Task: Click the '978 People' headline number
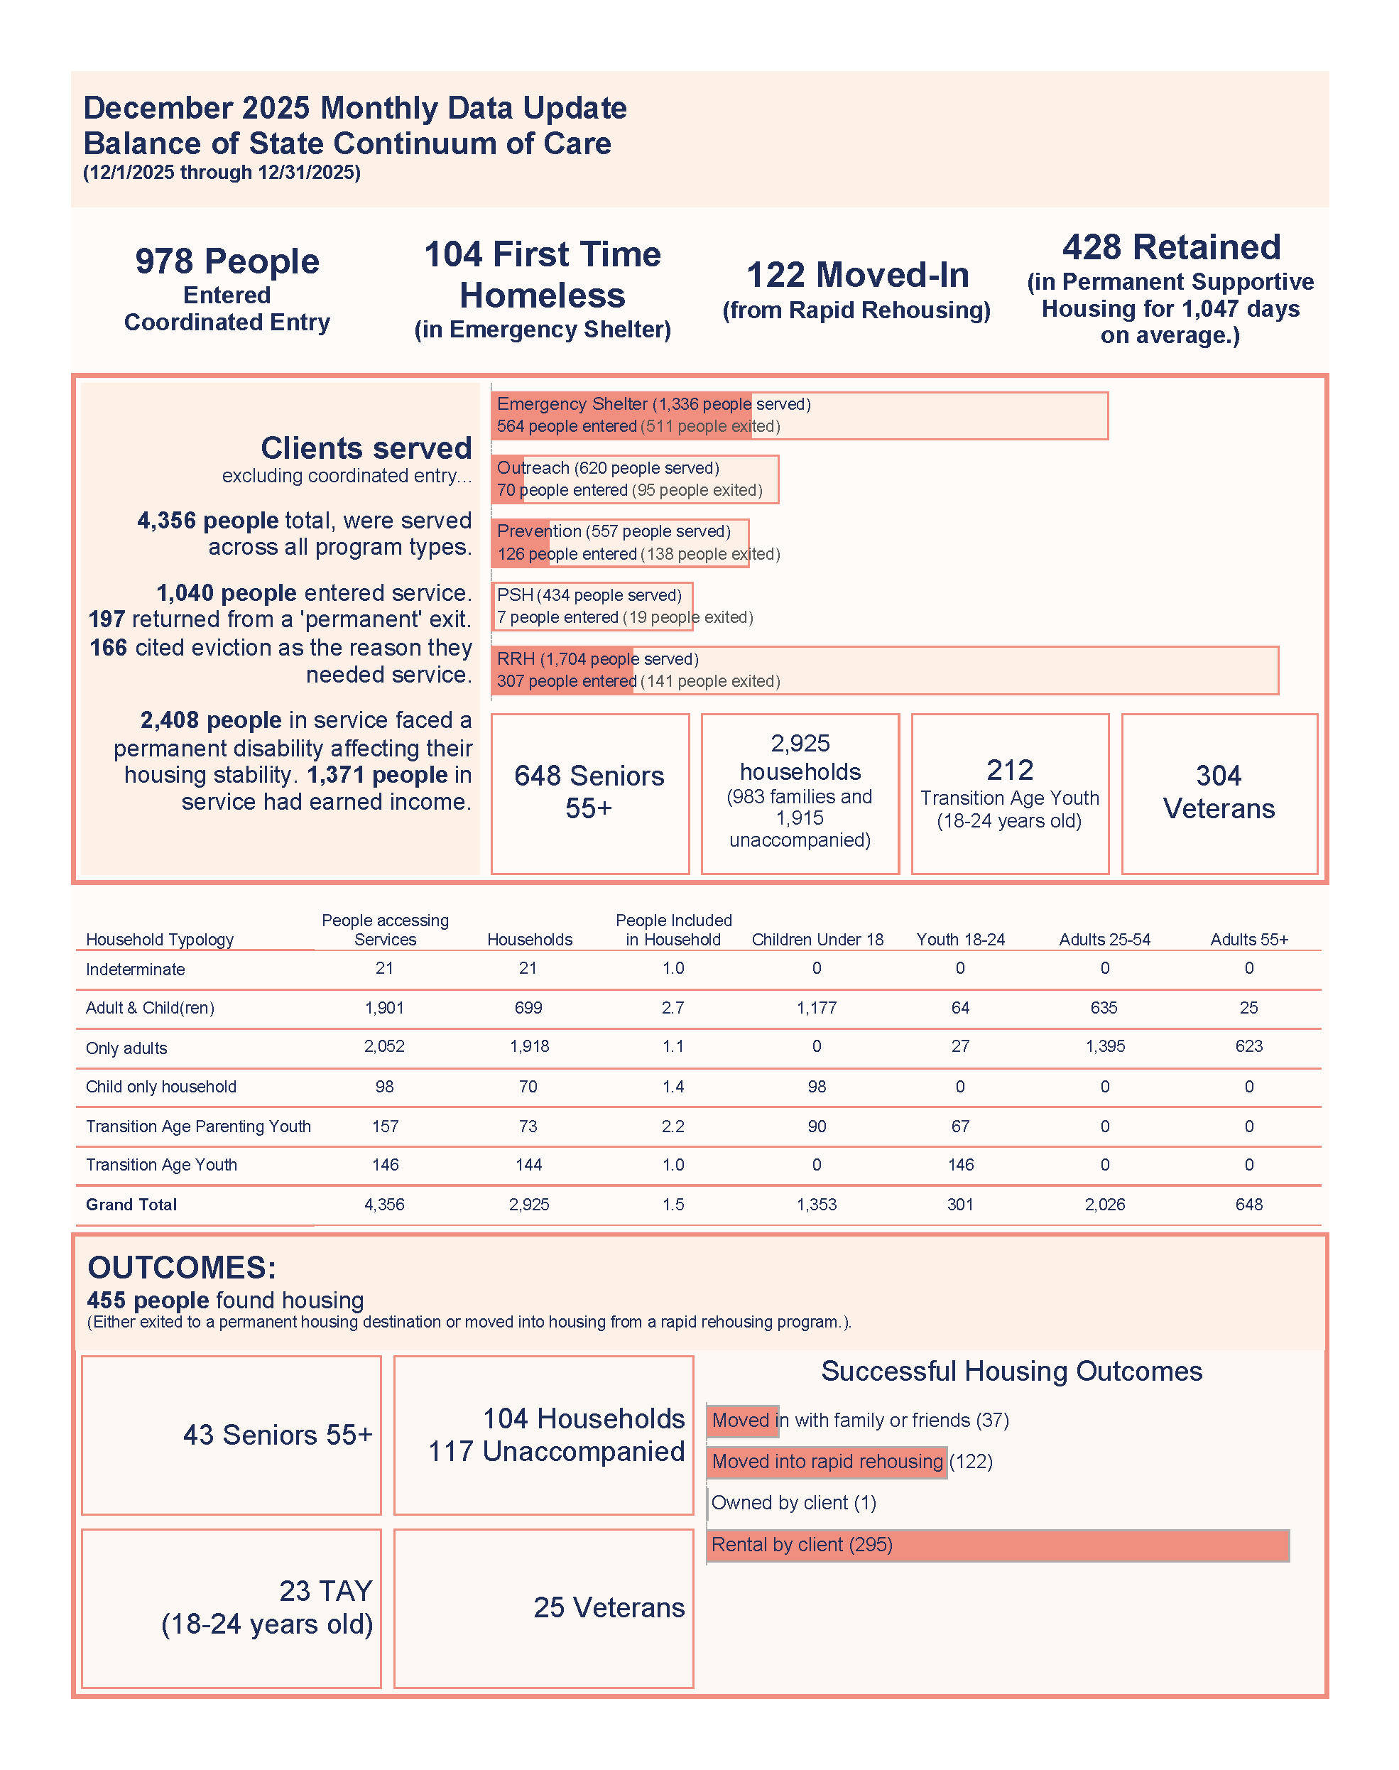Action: click(227, 261)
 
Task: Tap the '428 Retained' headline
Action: click(1170, 247)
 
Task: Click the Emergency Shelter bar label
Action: click(653, 405)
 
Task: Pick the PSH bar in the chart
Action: click(592, 606)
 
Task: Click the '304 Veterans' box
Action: click(1218, 793)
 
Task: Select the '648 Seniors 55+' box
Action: click(589, 793)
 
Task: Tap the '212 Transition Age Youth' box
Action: click(1009, 793)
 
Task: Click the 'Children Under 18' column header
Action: click(817, 940)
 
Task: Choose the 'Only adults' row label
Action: click(126, 1048)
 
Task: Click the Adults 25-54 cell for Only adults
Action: click(1104, 1047)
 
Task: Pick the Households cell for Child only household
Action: click(528, 1087)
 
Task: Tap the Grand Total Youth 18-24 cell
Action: click(960, 1205)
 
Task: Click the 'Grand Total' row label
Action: click(131, 1205)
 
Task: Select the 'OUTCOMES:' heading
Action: click(182, 1268)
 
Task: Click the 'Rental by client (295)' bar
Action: click(997, 1545)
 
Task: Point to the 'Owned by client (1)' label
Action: click(793, 1503)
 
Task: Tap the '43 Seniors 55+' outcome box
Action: click(231, 1435)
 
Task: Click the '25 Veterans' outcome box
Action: click(543, 1608)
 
